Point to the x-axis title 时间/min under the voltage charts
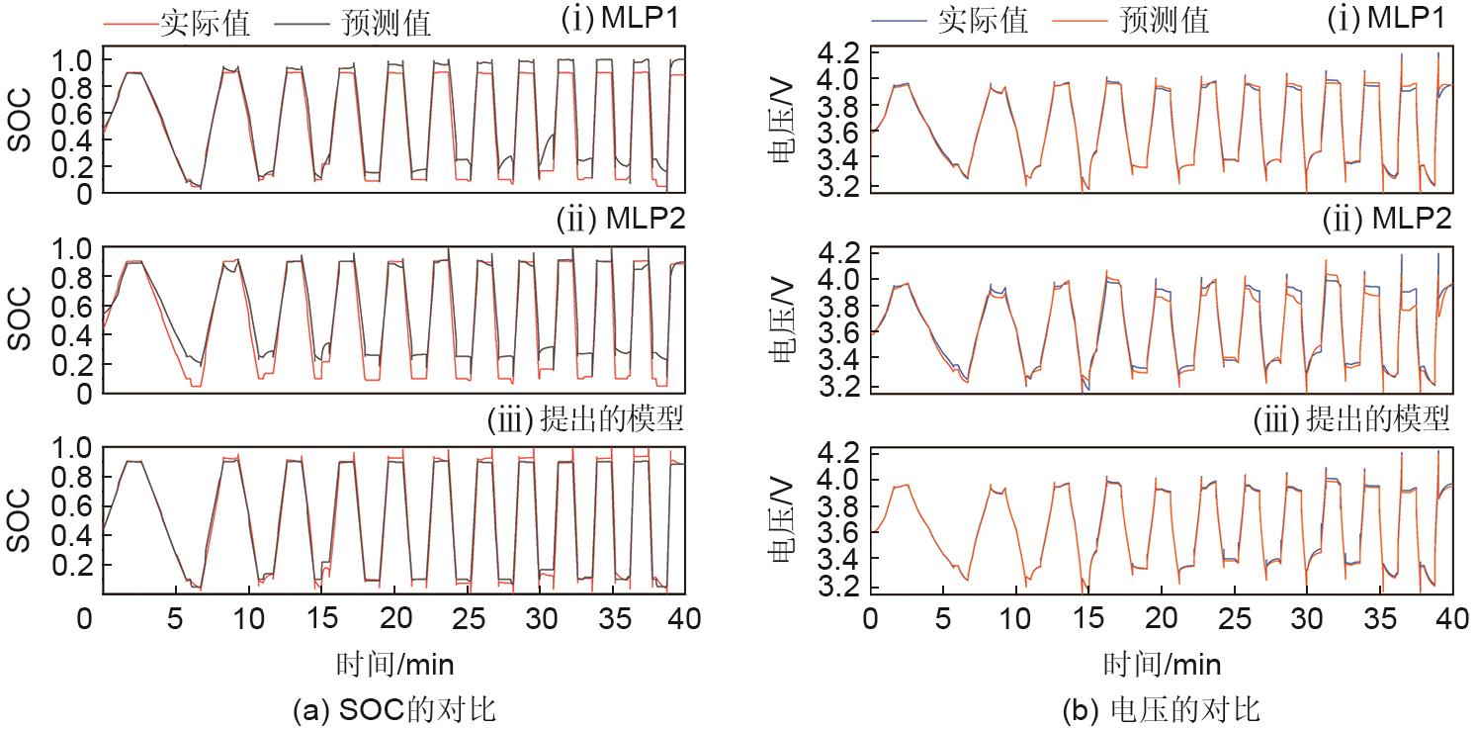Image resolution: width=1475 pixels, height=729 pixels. coord(1161,662)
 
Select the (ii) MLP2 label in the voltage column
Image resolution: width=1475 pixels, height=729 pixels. coord(1388,220)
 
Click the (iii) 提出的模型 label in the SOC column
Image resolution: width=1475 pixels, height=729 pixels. coord(585,420)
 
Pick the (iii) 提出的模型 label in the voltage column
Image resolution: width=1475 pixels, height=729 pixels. coord(1351,420)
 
